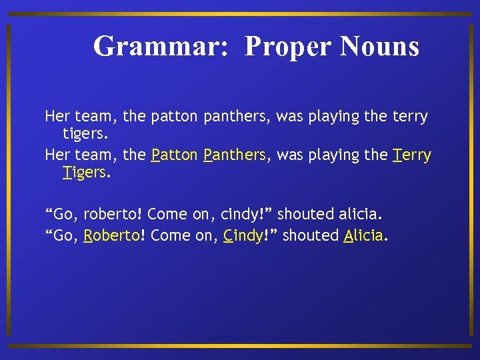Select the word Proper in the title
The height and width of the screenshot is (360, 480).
pos(288,47)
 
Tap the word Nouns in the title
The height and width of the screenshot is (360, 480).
pos(379,47)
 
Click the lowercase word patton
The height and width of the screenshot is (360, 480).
pos(175,117)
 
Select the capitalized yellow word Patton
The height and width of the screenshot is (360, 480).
pos(175,155)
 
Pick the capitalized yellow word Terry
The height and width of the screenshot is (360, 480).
pos(412,155)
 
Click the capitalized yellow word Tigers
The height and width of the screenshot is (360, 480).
pos(85,173)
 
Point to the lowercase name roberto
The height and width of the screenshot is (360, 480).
pos(111,215)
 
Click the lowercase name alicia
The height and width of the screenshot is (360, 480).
pos(360,215)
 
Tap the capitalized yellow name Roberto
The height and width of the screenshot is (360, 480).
pos(111,236)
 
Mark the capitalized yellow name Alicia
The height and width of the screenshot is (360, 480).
pos(364,236)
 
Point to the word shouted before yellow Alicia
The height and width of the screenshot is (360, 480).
pos(311,236)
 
